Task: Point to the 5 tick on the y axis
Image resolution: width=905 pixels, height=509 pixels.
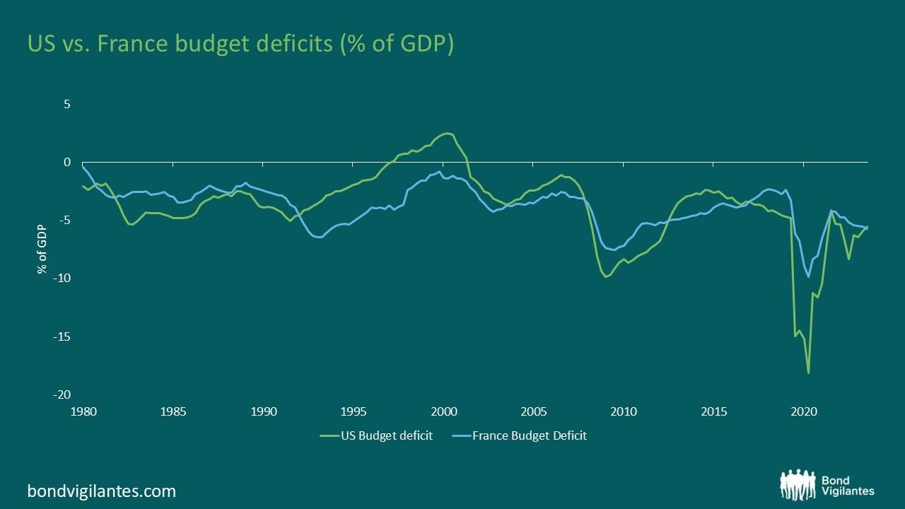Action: (67, 104)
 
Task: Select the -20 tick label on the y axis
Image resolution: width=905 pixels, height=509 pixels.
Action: (62, 394)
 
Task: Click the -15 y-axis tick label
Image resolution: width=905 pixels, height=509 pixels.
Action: (62, 337)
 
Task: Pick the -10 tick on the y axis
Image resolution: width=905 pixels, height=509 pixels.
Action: (62, 278)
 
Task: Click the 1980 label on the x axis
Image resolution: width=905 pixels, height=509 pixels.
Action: (83, 411)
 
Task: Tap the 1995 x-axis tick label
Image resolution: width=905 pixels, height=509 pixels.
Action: (354, 411)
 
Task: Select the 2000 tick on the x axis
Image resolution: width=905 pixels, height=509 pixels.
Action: (443, 411)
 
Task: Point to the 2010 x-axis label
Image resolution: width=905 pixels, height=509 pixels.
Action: (623, 411)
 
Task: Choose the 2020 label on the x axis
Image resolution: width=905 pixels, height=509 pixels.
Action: (803, 411)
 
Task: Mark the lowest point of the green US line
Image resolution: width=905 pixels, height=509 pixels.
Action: (808, 373)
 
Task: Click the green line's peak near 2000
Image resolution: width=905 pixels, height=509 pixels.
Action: (447, 133)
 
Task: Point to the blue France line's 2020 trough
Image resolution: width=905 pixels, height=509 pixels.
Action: (808, 276)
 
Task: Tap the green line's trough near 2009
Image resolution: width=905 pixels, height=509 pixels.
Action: (605, 276)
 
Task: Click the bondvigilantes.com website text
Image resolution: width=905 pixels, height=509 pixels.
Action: (101, 491)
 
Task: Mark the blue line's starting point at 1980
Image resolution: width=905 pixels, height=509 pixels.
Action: (83, 166)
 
